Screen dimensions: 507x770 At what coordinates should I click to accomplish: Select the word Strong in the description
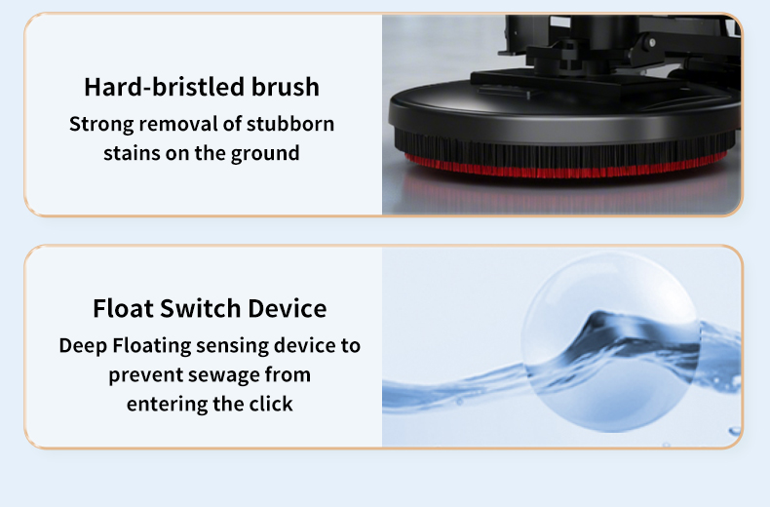(x=102, y=125)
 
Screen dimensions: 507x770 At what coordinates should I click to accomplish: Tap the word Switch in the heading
(x=199, y=309)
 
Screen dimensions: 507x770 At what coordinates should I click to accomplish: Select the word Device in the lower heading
(x=287, y=309)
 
